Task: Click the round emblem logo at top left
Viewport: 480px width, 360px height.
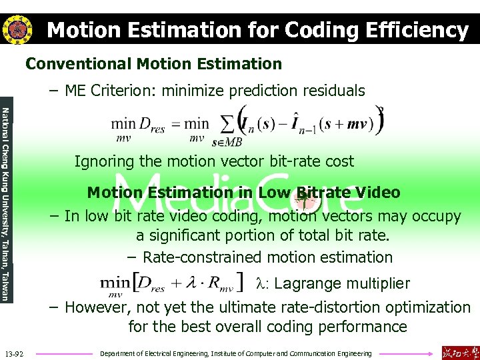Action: (x=17, y=29)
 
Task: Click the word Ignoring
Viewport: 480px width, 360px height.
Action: (x=103, y=161)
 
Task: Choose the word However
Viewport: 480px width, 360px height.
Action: (x=96, y=307)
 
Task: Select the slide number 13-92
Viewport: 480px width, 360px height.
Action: (x=14, y=353)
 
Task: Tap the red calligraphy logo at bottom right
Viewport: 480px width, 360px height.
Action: (x=459, y=352)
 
